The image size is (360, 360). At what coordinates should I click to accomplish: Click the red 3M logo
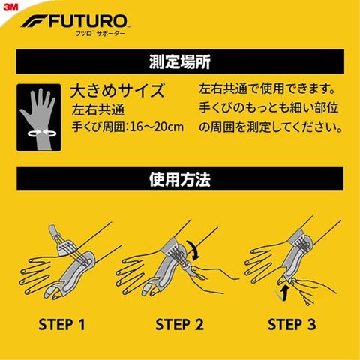pos(10,7)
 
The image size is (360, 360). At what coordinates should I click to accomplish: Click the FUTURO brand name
pos(88,21)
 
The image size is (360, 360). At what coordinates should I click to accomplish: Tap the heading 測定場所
pos(180,61)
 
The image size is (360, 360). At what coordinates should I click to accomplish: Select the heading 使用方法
pos(180,179)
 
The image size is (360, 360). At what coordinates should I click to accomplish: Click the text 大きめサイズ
pos(117,90)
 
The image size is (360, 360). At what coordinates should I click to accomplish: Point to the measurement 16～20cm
pos(157,127)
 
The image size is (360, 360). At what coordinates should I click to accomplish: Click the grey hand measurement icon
pos(39,118)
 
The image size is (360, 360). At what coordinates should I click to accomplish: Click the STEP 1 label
pos(61,324)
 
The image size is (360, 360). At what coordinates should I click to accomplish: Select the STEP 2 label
pos(179,324)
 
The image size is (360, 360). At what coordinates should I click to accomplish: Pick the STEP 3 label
pos(292,324)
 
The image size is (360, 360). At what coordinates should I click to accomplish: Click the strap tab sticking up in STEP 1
pos(53,232)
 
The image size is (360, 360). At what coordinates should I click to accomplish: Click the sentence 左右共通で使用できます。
pos(267,88)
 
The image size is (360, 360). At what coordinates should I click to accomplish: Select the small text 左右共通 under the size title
pos(98,109)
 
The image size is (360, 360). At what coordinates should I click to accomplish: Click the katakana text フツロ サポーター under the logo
pos(100,34)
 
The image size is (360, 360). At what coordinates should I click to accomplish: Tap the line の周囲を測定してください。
pos(271,127)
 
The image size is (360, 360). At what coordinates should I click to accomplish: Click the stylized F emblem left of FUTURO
pos(34,21)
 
